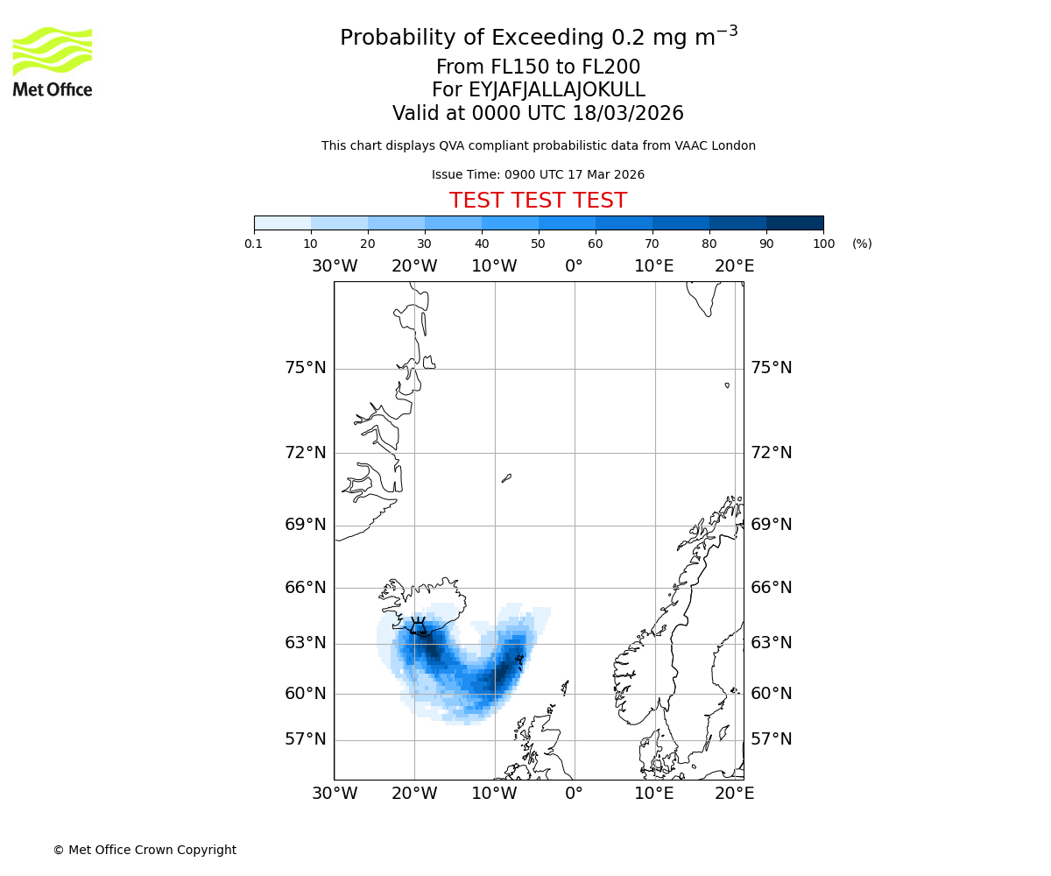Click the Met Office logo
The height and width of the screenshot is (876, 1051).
click(53, 61)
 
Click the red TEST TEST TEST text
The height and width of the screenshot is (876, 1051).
click(538, 201)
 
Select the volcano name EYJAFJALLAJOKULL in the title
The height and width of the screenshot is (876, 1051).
click(557, 90)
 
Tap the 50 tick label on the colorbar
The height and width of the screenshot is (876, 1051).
click(538, 244)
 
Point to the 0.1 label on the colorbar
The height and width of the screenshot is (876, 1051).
click(254, 244)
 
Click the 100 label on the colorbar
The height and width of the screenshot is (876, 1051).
click(823, 244)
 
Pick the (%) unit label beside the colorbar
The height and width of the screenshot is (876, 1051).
click(862, 244)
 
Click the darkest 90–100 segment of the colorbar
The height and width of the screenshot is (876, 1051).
click(794, 223)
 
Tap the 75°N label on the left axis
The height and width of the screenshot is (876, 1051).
click(305, 368)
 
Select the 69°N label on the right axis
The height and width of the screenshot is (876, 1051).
click(771, 525)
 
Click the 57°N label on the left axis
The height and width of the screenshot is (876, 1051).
click(305, 739)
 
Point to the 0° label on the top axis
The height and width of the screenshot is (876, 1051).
click(574, 266)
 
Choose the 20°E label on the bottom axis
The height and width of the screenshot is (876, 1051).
click(734, 794)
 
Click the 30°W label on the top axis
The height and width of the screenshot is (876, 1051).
click(334, 266)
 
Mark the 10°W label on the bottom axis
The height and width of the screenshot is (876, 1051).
click(494, 794)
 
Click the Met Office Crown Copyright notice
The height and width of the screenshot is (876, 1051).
click(145, 850)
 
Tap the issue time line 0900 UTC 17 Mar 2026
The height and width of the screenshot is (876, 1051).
click(538, 175)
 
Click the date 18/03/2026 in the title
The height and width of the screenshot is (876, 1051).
click(628, 114)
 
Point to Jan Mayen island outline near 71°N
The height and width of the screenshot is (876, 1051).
click(506, 478)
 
